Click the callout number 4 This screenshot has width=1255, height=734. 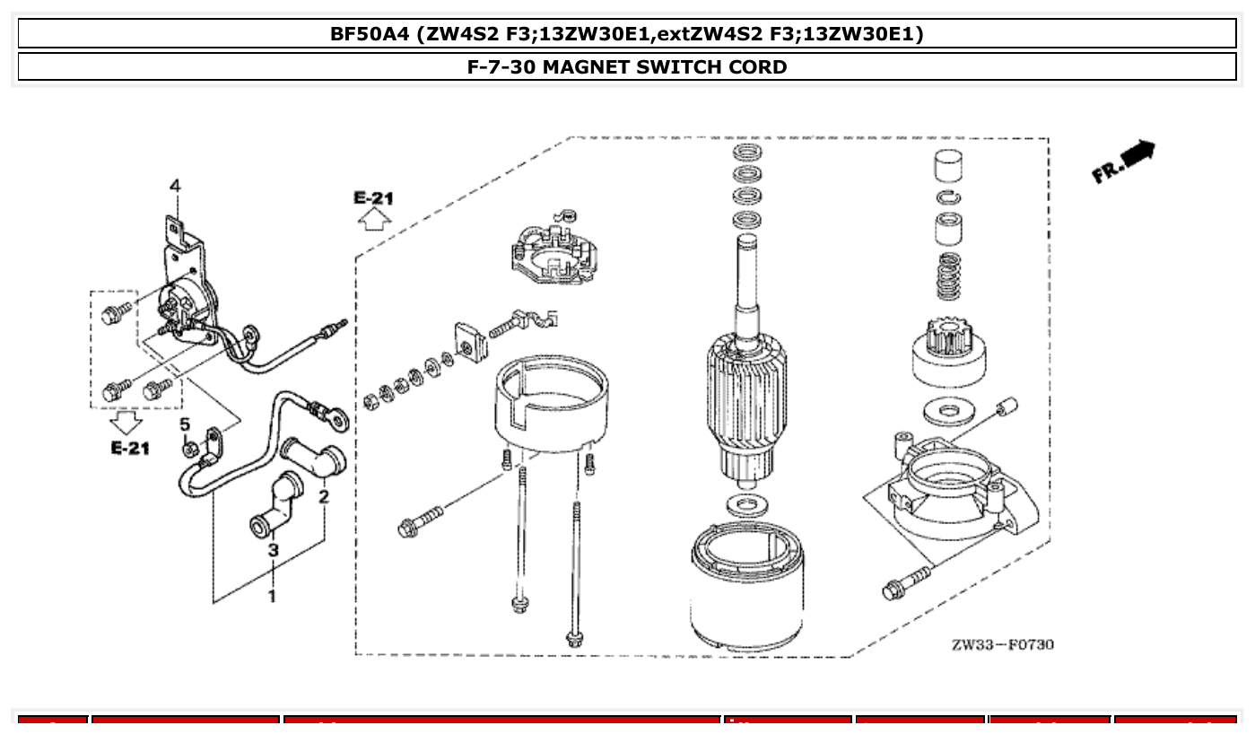(x=175, y=186)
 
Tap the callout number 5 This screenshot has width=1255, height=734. (x=184, y=424)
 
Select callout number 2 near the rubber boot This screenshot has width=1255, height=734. (x=323, y=495)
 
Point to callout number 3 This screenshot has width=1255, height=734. (x=273, y=548)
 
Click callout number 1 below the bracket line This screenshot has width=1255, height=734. (x=272, y=595)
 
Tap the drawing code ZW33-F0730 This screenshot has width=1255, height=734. (x=1003, y=644)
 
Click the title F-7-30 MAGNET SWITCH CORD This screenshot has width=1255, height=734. (x=627, y=67)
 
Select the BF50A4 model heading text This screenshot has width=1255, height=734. (x=627, y=34)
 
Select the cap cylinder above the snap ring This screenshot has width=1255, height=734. (x=949, y=167)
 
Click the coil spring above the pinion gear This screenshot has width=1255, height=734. (x=949, y=276)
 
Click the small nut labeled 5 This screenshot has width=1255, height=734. (x=189, y=448)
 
